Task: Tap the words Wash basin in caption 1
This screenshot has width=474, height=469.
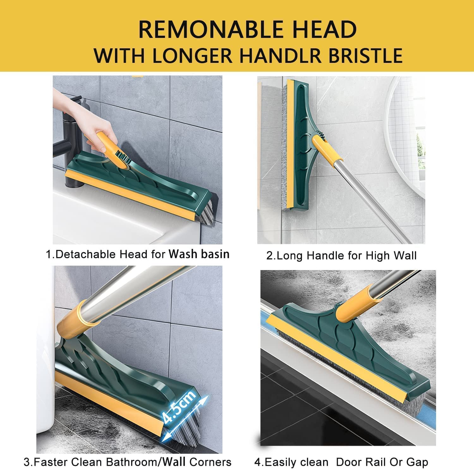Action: pyautogui.click(x=199, y=254)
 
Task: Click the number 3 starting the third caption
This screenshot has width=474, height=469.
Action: pyautogui.click(x=27, y=462)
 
